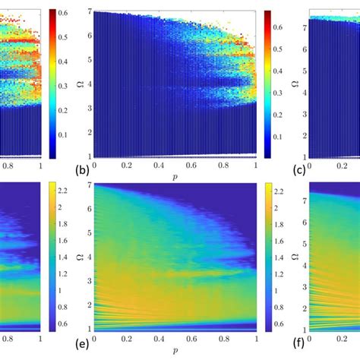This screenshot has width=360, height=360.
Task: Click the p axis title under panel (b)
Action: pyautogui.click(x=175, y=180)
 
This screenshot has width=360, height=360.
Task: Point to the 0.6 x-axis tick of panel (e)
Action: pyautogui.click(x=192, y=343)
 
